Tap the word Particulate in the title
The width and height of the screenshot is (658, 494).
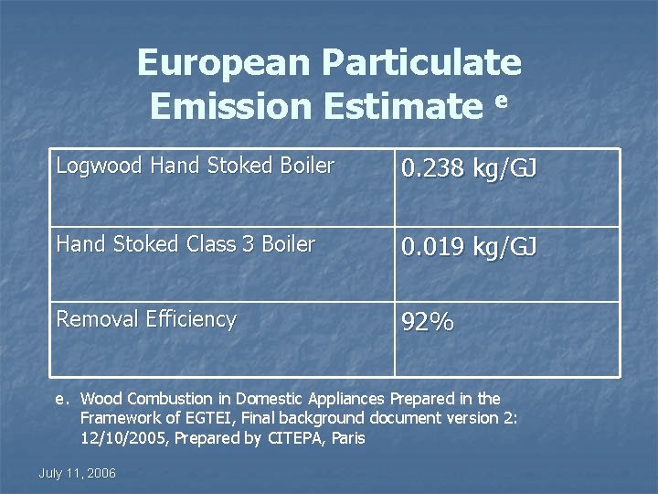tap(422, 63)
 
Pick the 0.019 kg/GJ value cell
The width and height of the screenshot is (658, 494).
tap(470, 248)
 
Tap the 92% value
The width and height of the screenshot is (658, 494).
tap(429, 323)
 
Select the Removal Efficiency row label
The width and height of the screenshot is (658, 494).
tap(146, 319)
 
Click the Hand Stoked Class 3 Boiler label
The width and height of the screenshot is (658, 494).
tap(186, 244)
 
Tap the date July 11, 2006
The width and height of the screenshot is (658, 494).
tap(78, 473)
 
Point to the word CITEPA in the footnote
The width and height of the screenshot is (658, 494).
tap(299, 438)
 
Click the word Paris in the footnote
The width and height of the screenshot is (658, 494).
tap(348, 438)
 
